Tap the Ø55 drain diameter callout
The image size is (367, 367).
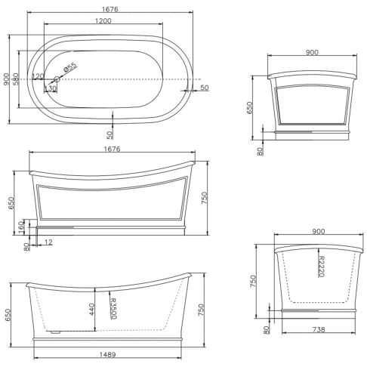point(69,68)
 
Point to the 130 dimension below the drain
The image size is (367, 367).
point(51,88)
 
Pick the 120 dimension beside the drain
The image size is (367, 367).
point(38,76)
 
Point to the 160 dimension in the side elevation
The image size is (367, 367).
point(22,226)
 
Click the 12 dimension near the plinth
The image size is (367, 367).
point(49,242)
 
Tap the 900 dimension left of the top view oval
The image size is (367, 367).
point(6,79)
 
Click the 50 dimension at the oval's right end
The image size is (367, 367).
point(204,88)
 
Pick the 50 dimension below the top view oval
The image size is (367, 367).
point(110,134)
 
